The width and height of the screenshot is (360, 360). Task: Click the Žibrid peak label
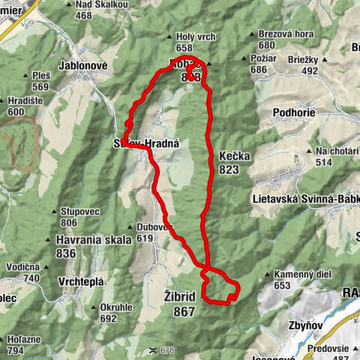179,297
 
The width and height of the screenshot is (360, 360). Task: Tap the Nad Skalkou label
102,4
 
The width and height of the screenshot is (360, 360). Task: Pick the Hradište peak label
22,103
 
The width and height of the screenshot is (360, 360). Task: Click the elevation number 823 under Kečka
229,170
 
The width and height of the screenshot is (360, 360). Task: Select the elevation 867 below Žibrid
183,311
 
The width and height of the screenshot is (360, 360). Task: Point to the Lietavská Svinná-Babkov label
304,199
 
